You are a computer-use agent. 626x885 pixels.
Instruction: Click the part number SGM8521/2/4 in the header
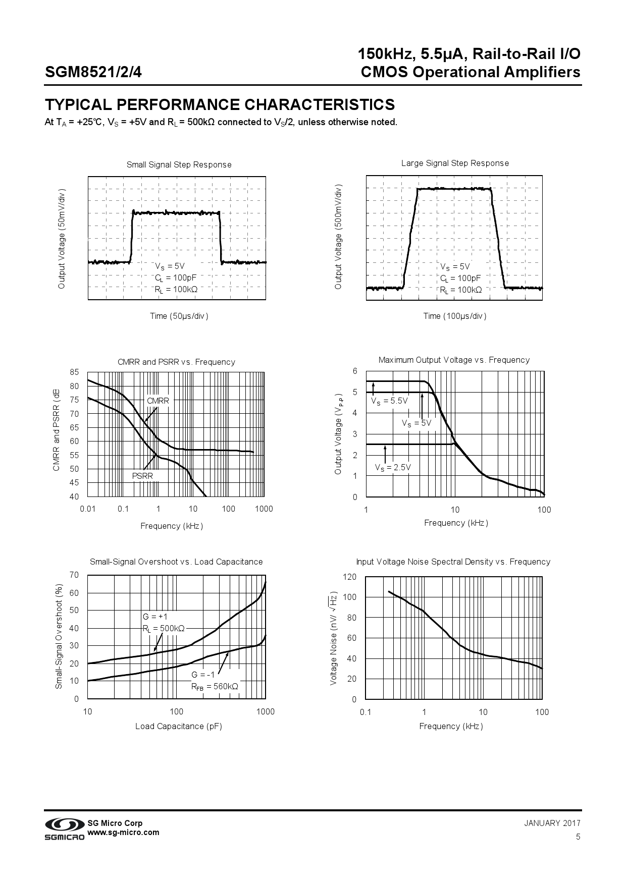[x=93, y=72]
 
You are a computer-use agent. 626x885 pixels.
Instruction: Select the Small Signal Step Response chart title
[x=179, y=164]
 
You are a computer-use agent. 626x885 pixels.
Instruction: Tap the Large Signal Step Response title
[x=455, y=163]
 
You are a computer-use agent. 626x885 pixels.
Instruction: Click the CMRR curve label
[x=158, y=401]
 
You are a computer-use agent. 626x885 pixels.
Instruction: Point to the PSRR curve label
[x=142, y=476]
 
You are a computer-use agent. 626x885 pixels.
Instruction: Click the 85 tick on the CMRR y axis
[x=74, y=372]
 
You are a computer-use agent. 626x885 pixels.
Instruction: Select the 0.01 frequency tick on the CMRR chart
[x=88, y=509]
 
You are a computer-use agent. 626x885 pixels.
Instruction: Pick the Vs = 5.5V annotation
[x=389, y=401]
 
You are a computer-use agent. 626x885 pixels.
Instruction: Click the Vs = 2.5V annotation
[x=393, y=467]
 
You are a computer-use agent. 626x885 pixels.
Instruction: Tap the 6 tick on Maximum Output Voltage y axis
[x=355, y=371]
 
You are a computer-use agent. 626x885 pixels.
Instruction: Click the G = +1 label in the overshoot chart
[x=155, y=617]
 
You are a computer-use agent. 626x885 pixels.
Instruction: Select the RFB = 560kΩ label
[x=215, y=686]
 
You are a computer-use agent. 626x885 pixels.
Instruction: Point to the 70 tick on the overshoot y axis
[x=74, y=575]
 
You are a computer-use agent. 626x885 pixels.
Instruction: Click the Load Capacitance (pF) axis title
[x=179, y=726]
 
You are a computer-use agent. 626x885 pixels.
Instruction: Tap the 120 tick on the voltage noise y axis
[x=350, y=577]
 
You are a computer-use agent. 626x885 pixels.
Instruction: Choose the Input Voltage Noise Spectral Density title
[x=453, y=562]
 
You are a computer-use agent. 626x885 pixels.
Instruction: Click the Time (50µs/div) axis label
[x=179, y=316]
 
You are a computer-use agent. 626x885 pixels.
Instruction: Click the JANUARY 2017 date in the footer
[x=552, y=823]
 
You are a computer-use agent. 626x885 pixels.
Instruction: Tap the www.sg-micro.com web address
[x=124, y=833]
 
